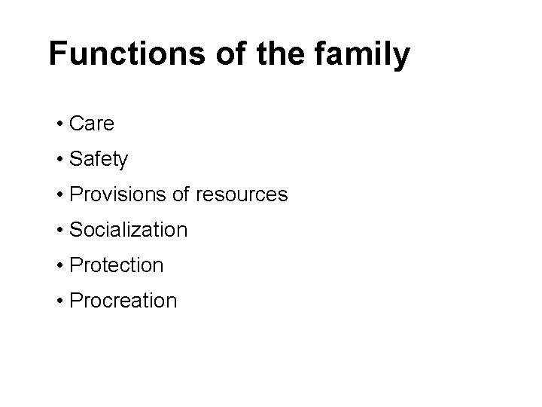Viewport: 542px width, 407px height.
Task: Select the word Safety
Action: click(x=99, y=160)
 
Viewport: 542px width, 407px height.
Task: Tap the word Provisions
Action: click(x=114, y=194)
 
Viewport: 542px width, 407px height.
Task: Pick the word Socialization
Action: click(x=128, y=230)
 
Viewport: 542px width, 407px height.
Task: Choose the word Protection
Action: click(x=116, y=265)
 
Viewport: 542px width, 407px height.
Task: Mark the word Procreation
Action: click(x=123, y=301)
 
